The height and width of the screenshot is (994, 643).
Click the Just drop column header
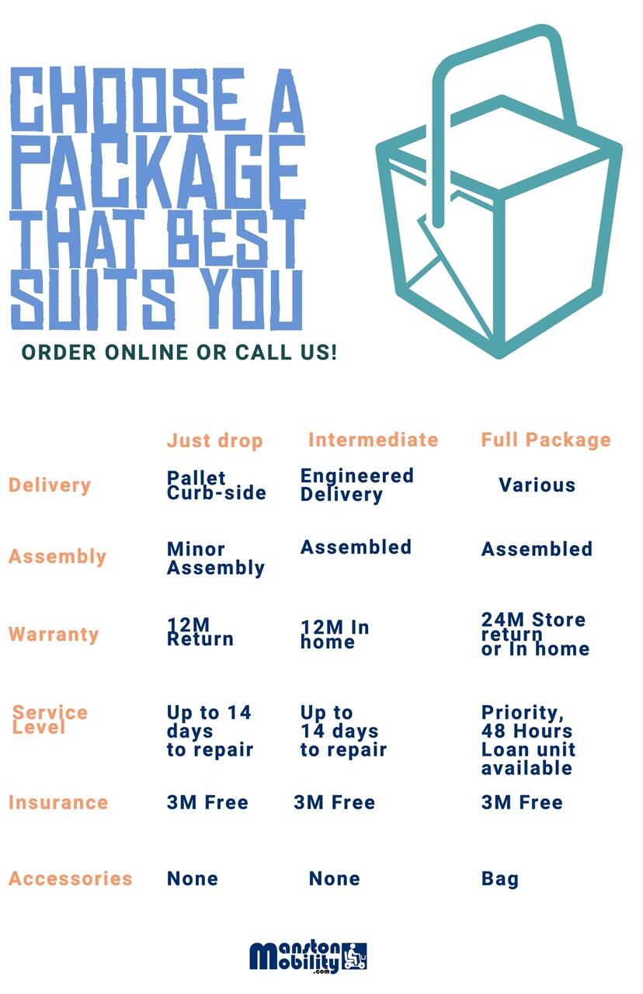point(215,441)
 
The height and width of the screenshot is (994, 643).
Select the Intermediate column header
point(374,440)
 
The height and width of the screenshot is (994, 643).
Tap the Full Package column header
point(546,440)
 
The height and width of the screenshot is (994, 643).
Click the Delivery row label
point(49,485)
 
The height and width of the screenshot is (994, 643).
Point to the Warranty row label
point(54,634)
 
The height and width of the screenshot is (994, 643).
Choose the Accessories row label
point(71,878)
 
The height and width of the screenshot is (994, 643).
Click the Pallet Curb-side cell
point(216,485)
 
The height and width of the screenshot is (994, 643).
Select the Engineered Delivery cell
point(356,485)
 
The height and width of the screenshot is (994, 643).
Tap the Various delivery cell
point(537,485)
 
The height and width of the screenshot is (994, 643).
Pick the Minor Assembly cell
point(216,558)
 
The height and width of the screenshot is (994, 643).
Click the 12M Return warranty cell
point(200,632)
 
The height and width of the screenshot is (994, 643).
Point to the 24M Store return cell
point(535,634)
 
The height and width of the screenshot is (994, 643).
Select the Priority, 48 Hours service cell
point(528,740)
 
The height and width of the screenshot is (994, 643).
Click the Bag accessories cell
point(499,879)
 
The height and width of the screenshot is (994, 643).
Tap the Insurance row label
point(58,802)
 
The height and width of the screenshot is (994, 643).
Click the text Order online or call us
point(179,353)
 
